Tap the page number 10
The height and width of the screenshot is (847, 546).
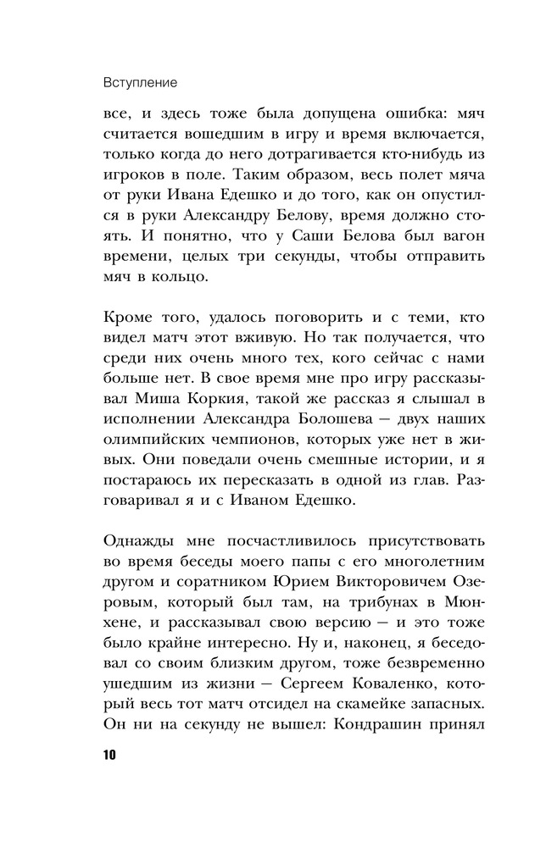coord(110,755)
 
